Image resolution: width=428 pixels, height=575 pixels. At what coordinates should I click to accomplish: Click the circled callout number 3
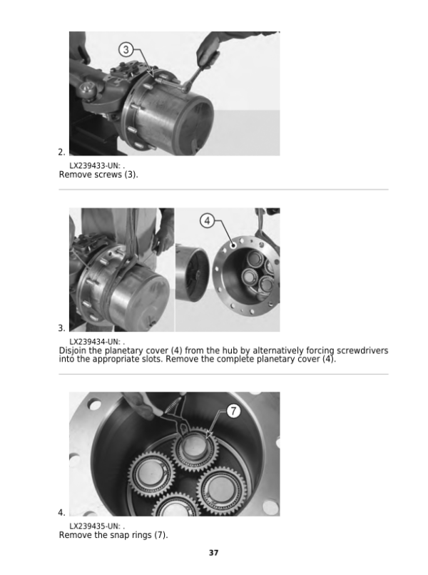126,49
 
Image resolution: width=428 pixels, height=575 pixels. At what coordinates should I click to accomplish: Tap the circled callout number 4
207,220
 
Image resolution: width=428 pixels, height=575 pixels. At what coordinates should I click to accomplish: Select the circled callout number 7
234,411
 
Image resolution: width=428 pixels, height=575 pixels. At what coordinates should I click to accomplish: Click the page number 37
214,553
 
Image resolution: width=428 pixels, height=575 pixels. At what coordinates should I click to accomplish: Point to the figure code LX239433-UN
94,166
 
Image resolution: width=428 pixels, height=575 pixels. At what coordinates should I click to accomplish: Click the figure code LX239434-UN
94,342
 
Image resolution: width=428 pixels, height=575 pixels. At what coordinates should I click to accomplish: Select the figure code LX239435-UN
94,526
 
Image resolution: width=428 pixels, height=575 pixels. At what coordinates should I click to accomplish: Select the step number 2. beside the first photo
61,152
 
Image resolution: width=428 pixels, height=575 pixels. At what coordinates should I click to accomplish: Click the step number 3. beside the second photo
61,328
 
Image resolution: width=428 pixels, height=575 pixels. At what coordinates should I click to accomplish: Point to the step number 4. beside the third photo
61,512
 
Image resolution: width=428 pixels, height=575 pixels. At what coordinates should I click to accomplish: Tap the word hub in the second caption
230,350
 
